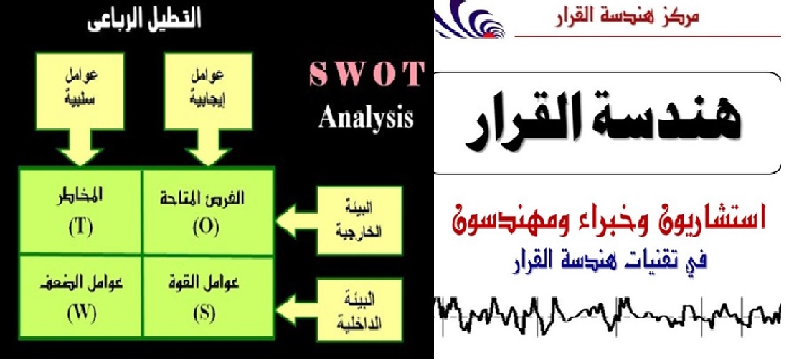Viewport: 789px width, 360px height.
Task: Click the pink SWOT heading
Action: [365, 75]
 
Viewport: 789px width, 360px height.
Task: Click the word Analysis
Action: [366, 118]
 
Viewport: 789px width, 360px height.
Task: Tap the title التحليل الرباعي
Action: [144, 22]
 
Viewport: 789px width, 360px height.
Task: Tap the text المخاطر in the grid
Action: [80, 198]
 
